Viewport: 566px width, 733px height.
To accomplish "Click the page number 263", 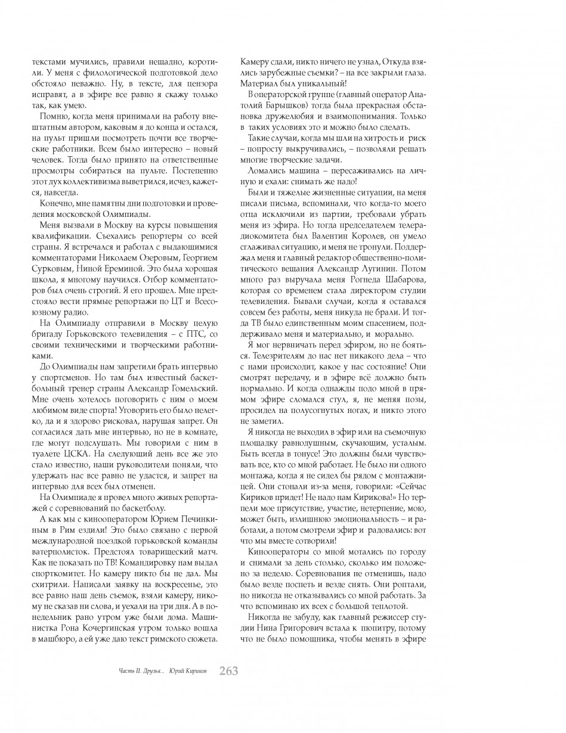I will [229, 670].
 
